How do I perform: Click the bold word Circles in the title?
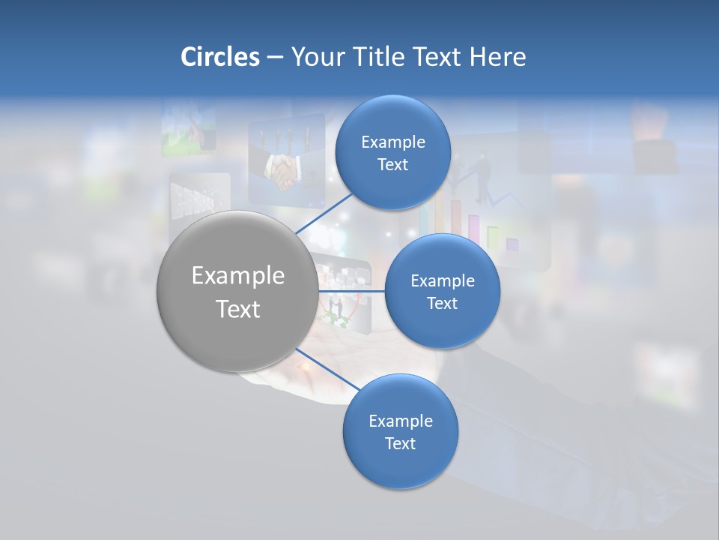click(x=220, y=57)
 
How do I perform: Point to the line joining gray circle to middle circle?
click(x=351, y=290)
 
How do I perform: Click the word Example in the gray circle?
click(x=238, y=276)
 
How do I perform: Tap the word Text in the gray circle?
click(x=238, y=308)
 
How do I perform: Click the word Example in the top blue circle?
click(x=393, y=142)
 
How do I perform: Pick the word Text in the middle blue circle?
click(x=442, y=303)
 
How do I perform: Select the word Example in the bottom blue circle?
click(x=401, y=421)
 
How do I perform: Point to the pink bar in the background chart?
click(x=474, y=230)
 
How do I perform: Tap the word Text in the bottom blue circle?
click(x=400, y=443)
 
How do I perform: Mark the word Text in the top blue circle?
click(x=392, y=165)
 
